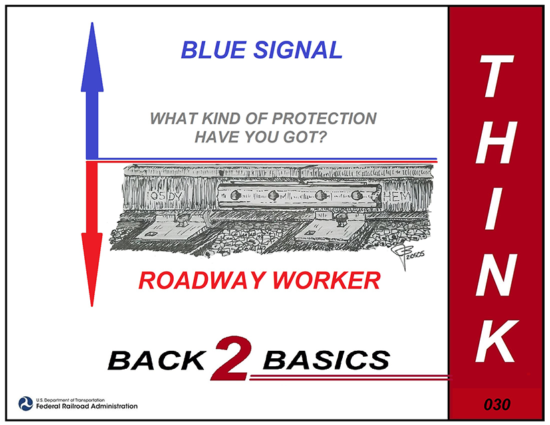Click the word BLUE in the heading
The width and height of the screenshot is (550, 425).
click(x=214, y=50)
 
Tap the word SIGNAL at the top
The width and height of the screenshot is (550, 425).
click(x=298, y=50)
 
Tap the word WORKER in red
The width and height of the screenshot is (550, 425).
click(x=327, y=281)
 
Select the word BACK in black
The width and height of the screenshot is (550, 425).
click(x=156, y=360)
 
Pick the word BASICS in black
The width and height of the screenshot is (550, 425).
click(x=327, y=360)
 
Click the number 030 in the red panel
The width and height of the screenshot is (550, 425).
click(x=497, y=404)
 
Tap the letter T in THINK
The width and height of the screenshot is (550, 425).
click(x=497, y=76)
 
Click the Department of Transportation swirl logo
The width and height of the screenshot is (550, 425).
click(x=25, y=404)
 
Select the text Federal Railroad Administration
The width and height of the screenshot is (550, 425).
click(x=87, y=406)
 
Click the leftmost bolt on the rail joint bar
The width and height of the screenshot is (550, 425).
click(x=235, y=195)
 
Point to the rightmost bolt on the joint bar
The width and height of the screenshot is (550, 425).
click(x=356, y=194)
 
